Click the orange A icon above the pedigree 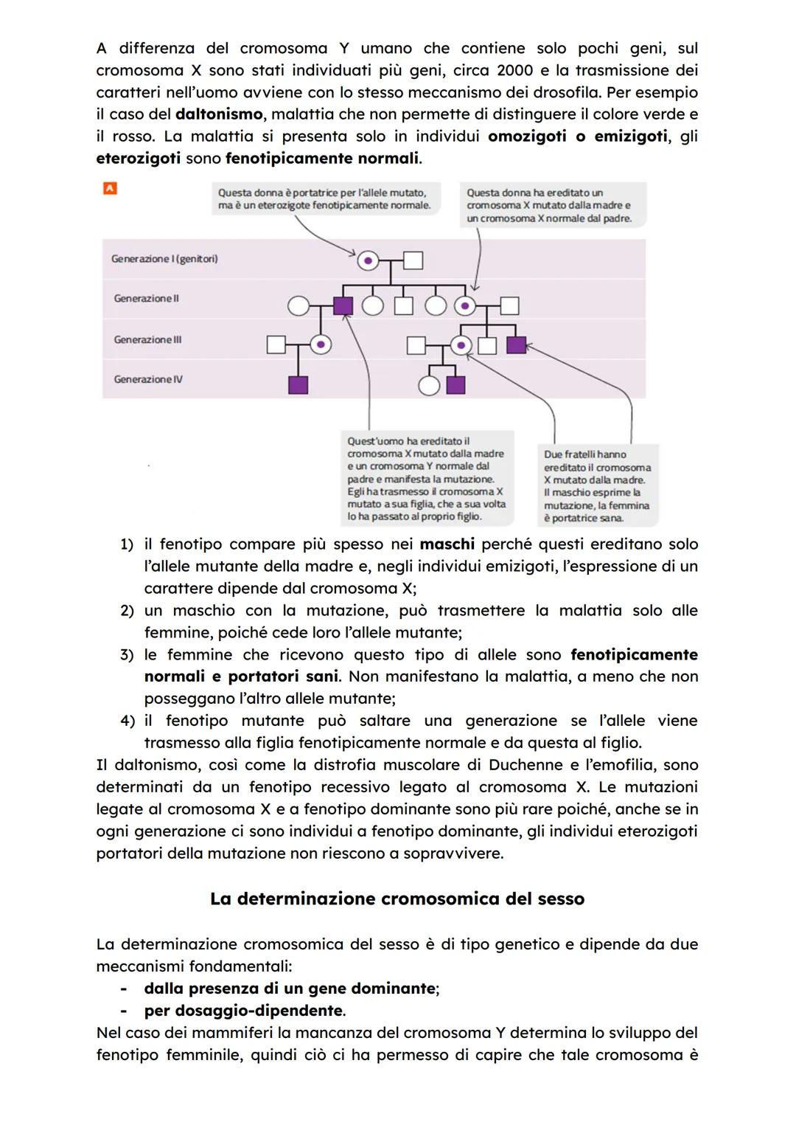pyautogui.click(x=110, y=189)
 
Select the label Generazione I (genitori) pyautogui.click(x=164, y=259)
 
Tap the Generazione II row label pyautogui.click(x=146, y=299)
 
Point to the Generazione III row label pyautogui.click(x=147, y=340)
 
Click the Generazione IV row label pyautogui.click(x=148, y=379)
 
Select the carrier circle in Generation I pyautogui.click(x=368, y=260)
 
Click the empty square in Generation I pyautogui.click(x=413, y=260)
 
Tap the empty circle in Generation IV pyautogui.click(x=428, y=385)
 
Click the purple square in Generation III pyautogui.click(x=516, y=345)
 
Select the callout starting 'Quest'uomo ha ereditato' pyautogui.click(x=426, y=479)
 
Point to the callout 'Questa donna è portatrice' pyautogui.click(x=324, y=199)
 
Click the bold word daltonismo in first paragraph pyautogui.click(x=219, y=114)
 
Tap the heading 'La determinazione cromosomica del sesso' pyautogui.click(x=397, y=899)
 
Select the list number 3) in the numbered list pyautogui.click(x=127, y=655)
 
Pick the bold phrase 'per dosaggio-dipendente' pyautogui.click(x=244, y=1011)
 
